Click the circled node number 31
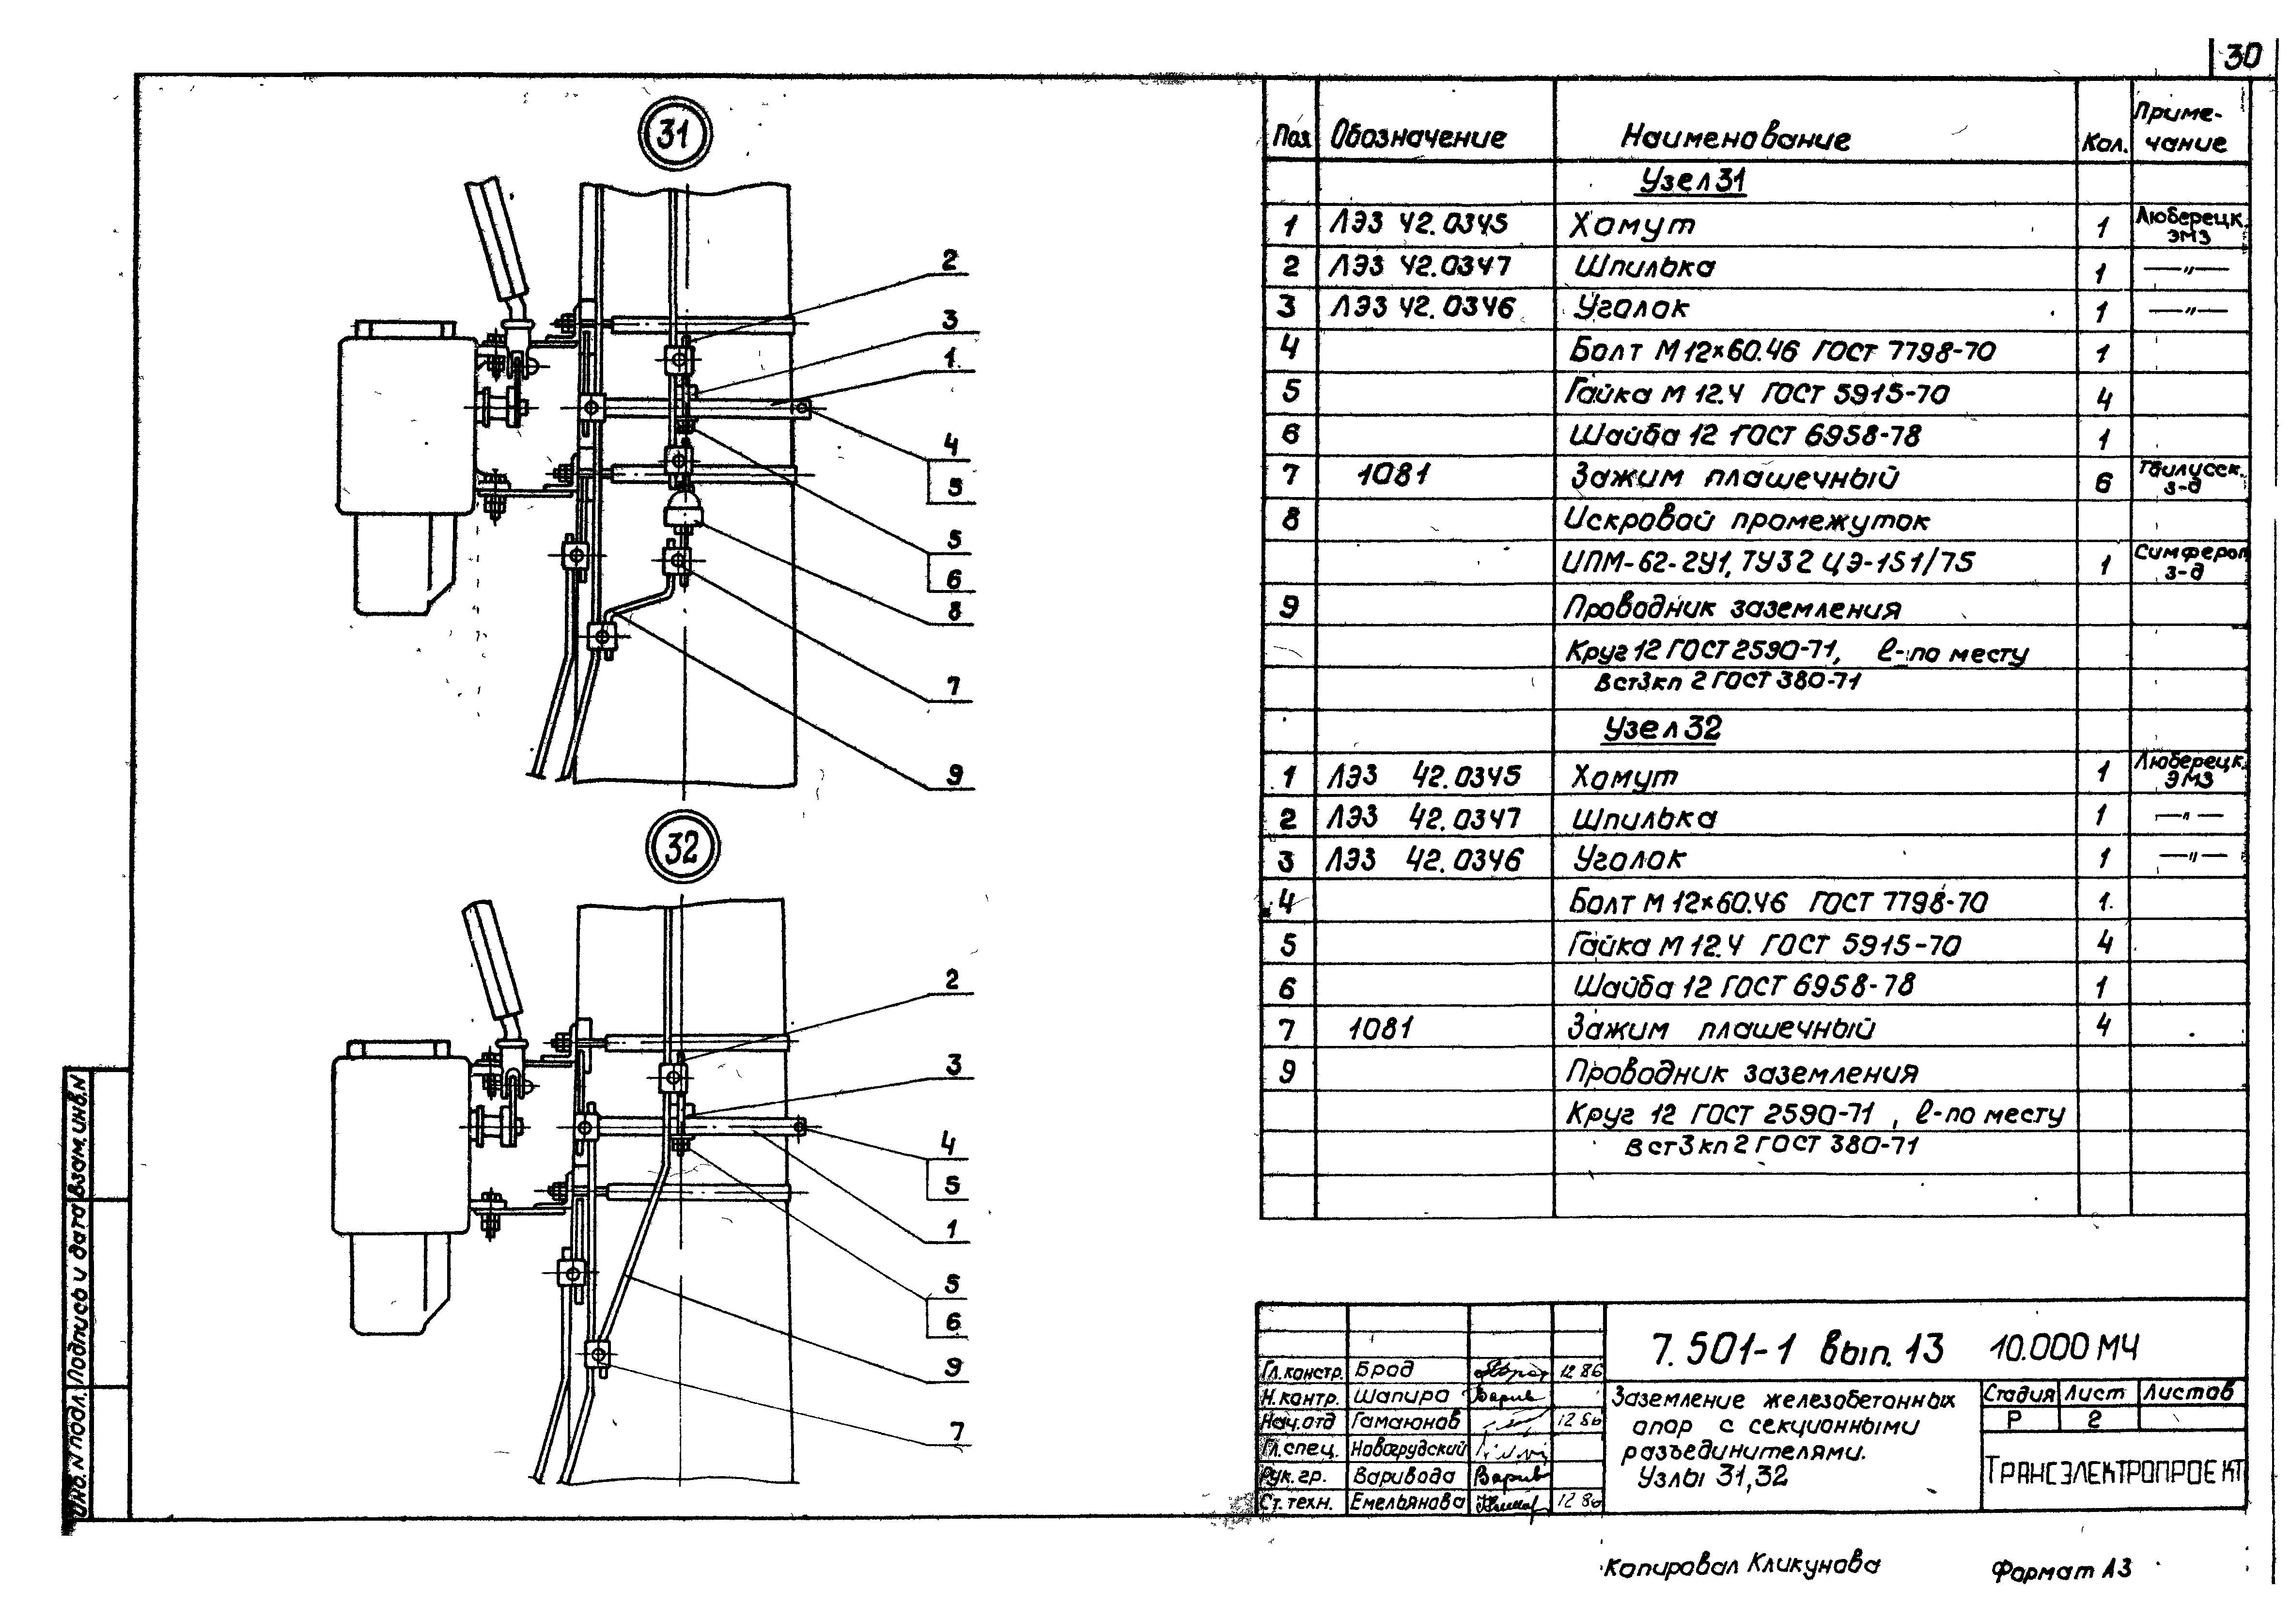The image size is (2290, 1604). [x=674, y=135]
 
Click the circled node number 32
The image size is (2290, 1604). [x=681, y=849]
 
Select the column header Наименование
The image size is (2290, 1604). [x=1735, y=138]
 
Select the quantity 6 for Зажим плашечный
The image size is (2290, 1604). [x=2103, y=483]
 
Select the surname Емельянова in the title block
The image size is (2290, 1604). [x=1407, y=1501]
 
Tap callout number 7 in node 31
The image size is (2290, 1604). [x=953, y=686]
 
